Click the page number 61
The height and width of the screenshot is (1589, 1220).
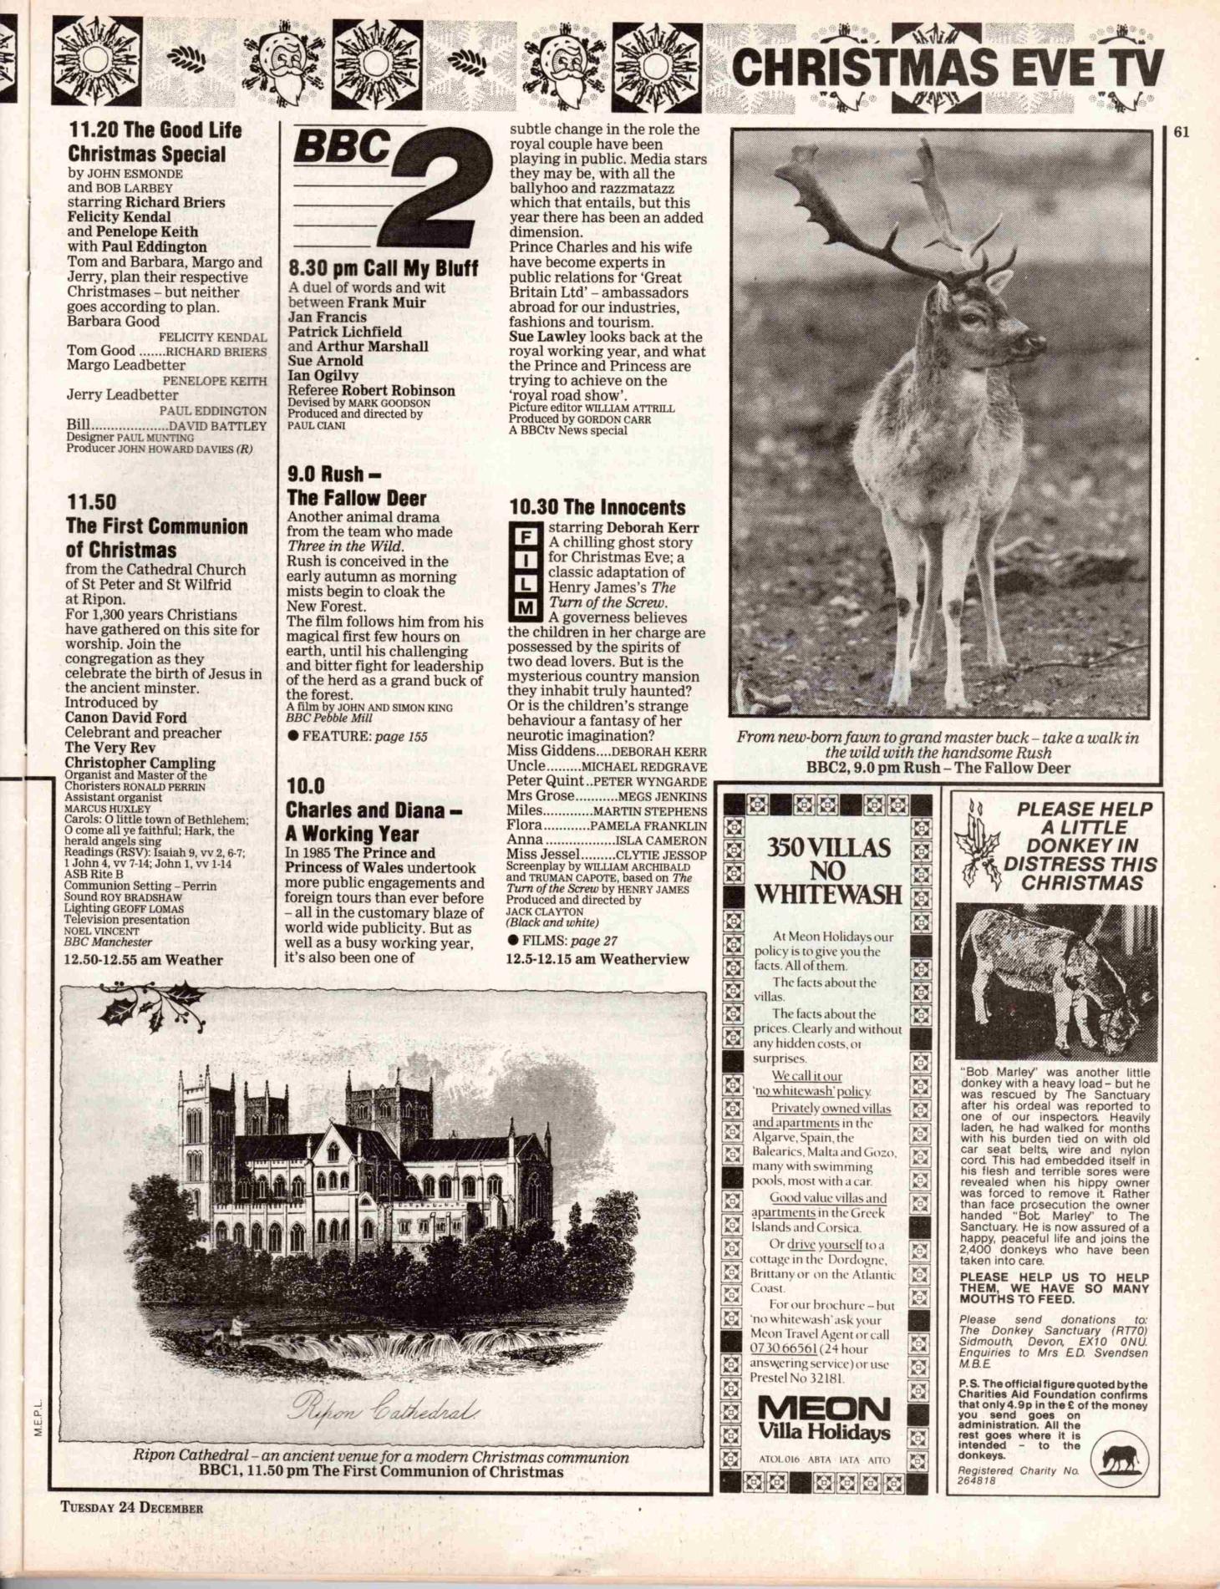tap(1181, 131)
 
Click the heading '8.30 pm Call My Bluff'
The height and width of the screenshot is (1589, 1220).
tap(383, 268)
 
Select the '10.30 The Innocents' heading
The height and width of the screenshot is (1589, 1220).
tap(597, 507)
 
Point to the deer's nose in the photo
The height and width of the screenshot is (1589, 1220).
tap(1029, 341)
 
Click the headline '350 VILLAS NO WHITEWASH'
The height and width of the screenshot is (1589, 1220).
tap(828, 871)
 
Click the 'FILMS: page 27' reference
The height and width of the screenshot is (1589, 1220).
tap(562, 941)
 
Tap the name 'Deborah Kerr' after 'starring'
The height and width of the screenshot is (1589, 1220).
tap(653, 527)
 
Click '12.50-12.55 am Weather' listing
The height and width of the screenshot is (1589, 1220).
tap(143, 960)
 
